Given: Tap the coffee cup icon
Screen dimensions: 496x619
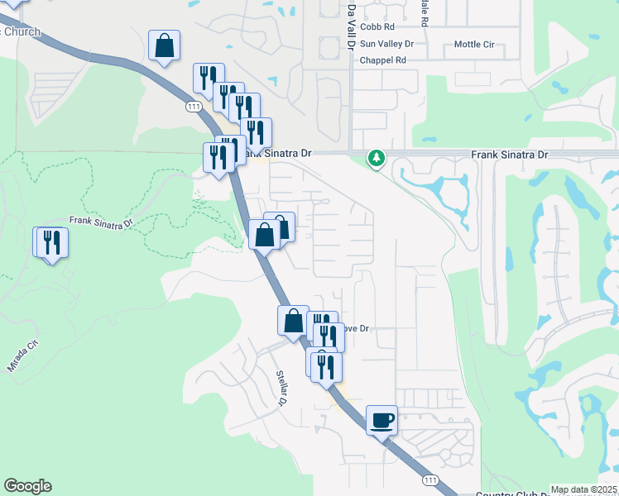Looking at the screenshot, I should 382,420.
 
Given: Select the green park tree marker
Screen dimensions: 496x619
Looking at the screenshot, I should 377,157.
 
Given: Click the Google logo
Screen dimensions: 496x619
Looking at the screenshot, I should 27,486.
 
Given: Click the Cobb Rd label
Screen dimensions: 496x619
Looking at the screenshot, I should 377,27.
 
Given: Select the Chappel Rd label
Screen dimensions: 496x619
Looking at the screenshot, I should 382,60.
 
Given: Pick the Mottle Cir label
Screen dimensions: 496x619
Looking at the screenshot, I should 475,44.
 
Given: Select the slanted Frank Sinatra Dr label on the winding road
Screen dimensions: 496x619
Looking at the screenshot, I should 101,222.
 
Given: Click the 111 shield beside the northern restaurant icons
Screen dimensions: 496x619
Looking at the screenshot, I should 194,107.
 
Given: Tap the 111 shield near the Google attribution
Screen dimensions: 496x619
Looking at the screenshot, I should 429,480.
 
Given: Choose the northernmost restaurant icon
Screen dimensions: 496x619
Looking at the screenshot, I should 209,78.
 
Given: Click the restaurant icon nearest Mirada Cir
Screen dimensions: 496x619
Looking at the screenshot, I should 51,241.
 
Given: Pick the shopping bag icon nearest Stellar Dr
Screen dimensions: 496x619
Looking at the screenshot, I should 294,321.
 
